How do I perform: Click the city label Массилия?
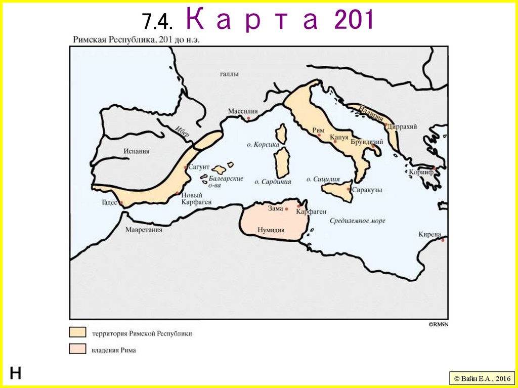243,111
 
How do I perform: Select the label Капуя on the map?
340,137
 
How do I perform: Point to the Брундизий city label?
366,142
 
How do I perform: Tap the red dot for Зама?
286,209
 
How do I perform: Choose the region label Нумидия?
271,230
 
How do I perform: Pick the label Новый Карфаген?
192,199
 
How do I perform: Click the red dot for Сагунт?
186,167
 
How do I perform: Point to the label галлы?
229,74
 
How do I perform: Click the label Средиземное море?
358,221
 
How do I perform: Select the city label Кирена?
430,234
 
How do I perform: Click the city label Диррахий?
403,127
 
